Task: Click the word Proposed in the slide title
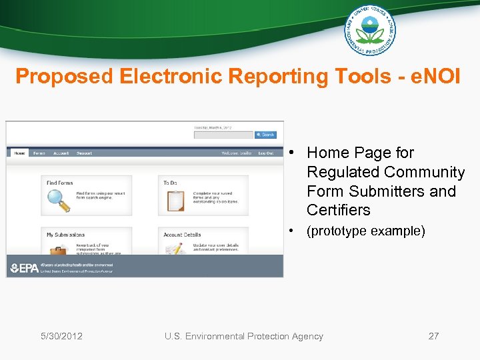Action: pyautogui.click(x=65, y=77)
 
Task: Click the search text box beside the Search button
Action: pyautogui.click(x=223, y=135)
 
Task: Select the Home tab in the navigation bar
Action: pyautogui.click(x=19, y=153)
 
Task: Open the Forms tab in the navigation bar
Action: pyautogui.click(x=39, y=153)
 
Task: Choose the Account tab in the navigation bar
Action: pyautogui.click(x=61, y=153)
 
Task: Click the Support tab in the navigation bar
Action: pyautogui.click(x=84, y=153)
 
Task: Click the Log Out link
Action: pyautogui.click(x=266, y=153)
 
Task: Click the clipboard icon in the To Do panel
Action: pyautogui.click(x=175, y=200)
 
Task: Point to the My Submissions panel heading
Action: pyautogui.click(x=65, y=235)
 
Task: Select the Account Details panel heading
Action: pyautogui.click(x=182, y=235)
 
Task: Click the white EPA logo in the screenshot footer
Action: pyautogui.click(x=24, y=268)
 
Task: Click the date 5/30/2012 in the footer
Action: pyautogui.click(x=61, y=336)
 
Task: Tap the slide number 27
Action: pyautogui.click(x=433, y=336)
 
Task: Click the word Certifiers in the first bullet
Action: pyautogui.click(x=338, y=210)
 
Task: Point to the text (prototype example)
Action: pyautogui.click(x=365, y=231)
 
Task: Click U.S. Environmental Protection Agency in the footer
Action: pyautogui.click(x=243, y=336)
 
